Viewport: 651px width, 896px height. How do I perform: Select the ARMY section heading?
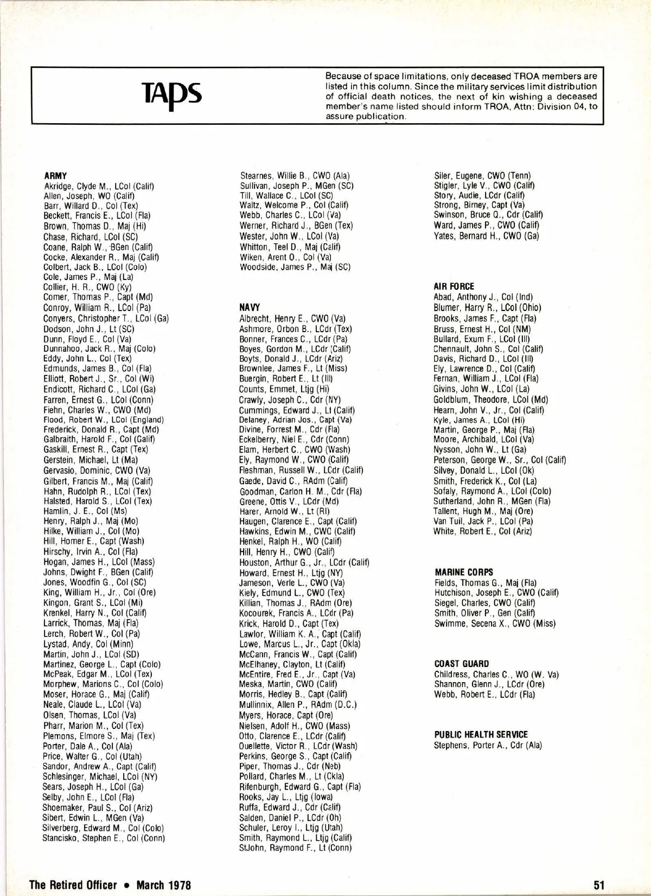[x=55, y=176]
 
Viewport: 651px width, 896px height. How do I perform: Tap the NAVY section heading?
[x=250, y=307]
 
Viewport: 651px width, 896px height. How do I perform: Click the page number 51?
[x=599, y=885]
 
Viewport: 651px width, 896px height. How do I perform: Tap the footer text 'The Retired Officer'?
[x=73, y=885]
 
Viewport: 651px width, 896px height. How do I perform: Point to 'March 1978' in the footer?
[x=164, y=885]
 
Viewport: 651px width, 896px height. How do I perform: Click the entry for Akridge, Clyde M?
[x=99, y=186]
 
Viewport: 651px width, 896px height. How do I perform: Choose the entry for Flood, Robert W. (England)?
[x=103, y=420]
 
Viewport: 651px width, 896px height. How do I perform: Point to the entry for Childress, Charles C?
[x=496, y=675]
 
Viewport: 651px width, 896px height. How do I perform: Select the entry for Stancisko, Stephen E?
[x=104, y=838]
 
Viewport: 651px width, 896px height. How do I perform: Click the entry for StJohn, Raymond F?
[x=296, y=848]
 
